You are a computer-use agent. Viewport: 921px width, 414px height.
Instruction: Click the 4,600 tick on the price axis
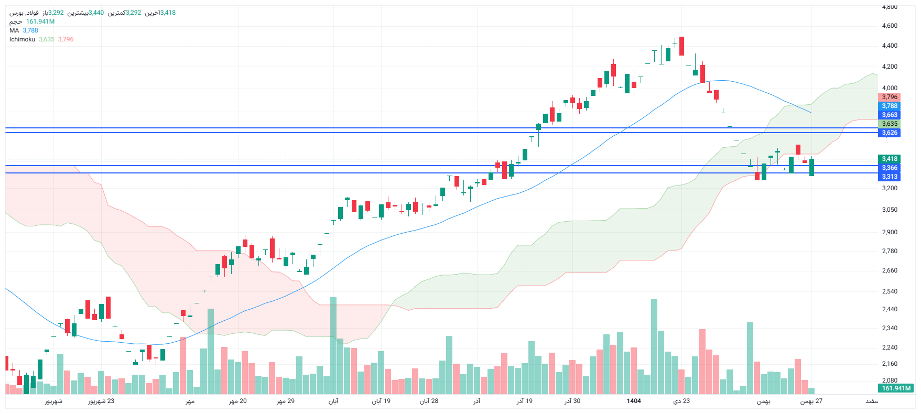click(889, 26)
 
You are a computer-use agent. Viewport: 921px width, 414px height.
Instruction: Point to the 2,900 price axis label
click(889, 232)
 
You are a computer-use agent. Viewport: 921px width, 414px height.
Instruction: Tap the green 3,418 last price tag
click(889, 159)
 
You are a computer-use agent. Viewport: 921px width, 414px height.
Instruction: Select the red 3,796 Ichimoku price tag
click(889, 97)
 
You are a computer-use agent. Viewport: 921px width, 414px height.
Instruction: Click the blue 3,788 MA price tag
click(889, 106)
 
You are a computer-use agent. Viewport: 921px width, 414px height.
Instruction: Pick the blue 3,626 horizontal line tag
click(889, 133)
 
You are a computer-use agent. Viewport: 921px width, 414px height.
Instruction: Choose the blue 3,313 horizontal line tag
click(889, 177)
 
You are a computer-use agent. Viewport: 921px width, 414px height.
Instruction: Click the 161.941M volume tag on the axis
click(896, 388)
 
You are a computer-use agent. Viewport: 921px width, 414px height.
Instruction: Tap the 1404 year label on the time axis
click(634, 401)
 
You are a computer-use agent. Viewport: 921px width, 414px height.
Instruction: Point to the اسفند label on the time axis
click(871, 401)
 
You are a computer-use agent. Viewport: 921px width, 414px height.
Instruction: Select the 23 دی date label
click(681, 401)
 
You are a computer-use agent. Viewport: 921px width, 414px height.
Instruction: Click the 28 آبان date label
click(429, 401)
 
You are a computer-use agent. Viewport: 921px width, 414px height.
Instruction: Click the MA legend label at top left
click(14, 30)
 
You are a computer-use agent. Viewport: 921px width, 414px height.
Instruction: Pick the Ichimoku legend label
click(22, 39)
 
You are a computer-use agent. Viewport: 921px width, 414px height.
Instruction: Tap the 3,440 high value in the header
click(96, 13)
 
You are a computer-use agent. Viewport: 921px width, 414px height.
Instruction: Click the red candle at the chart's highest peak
click(681, 46)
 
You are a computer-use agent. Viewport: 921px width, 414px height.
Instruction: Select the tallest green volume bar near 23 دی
click(654, 346)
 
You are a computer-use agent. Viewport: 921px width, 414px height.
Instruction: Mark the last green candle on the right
click(811, 167)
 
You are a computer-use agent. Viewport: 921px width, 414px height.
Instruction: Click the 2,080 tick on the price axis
click(889, 380)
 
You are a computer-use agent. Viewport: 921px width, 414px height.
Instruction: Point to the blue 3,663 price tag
click(889, 115)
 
